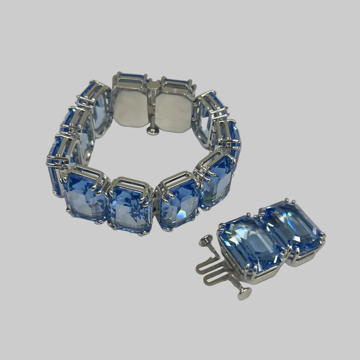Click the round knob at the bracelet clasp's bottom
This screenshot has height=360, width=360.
[x=153, y=130]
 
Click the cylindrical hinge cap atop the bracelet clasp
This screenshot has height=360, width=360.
[x=154, y=85]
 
